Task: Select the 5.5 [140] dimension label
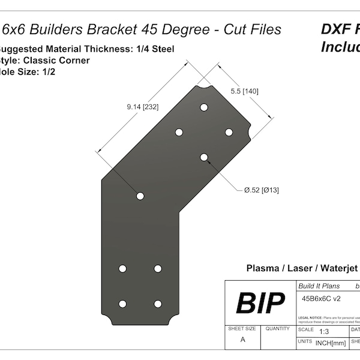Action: [244, 91]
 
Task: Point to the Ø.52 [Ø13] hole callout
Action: [261, 190]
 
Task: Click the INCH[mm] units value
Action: [326, 343]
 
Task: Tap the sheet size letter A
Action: [242, 339]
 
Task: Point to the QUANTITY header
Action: [277, 329]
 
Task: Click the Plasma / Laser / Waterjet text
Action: [302, 268]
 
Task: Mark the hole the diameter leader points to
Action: [204, 157]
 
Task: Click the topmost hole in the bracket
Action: [204, 107]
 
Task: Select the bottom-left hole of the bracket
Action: [122, 304]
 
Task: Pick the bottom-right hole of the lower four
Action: [158, 304]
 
